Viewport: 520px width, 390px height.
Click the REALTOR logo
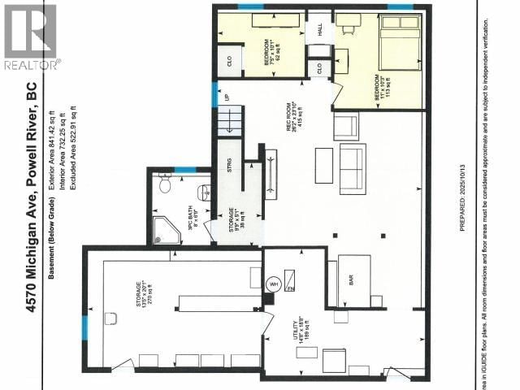pos(30,36)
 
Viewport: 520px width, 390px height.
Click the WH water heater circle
pos(273,284)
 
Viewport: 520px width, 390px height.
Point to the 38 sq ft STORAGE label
pos(237,220)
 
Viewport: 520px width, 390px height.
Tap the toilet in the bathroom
pos(165,185)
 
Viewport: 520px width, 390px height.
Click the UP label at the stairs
pos(227,97)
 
